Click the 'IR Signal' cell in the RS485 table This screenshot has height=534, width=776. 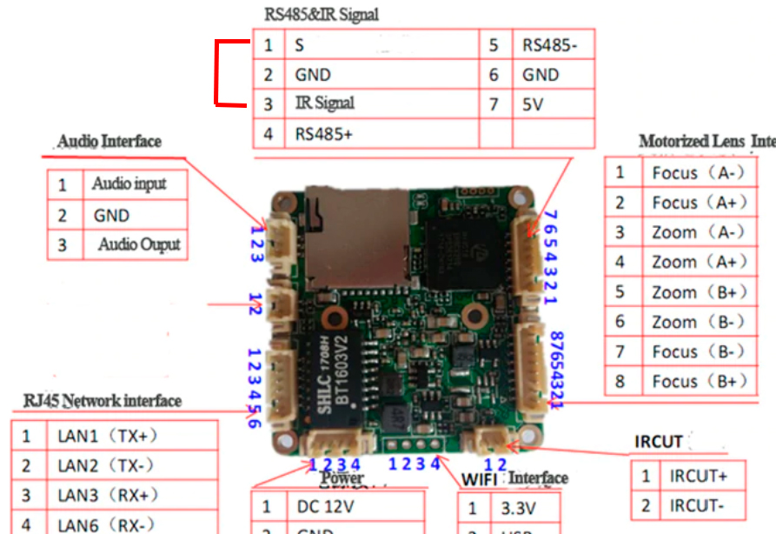[x=325, y=103]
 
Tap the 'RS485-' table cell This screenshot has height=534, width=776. [x=549, y=45]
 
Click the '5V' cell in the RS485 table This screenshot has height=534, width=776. [x=535, y=103]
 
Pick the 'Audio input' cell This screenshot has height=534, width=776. [x=129, y=184]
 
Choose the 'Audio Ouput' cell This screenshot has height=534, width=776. [x=139, y=244]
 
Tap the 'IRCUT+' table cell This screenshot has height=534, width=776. [x=698, y=477]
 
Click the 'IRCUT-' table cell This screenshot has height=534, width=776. [x=696, y=504]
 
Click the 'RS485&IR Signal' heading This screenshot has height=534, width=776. [x=321, y=15]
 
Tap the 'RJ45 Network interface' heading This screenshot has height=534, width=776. [x=103, y=401]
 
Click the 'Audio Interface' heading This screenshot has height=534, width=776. [x=109, y=141]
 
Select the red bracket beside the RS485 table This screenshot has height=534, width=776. [x=218, y=74]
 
